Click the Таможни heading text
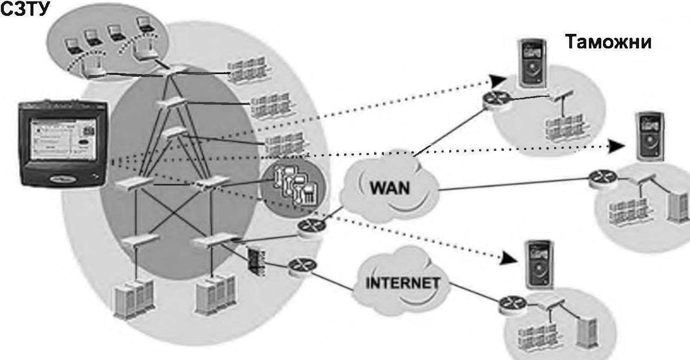pyautogui.click(x=608, y=42)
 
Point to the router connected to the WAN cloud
pyautogui.click(x=308, y=227)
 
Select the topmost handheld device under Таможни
pyautogui.click(x=533, y=63)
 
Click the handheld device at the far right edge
pyautogui.click(x=649, y=136)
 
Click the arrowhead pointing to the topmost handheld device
pyautogui.click(x=498, y=80)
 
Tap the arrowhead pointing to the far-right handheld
pyautogui.click(x=617, y=146)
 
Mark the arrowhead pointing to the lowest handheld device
pyautogui.click(x=509, y=258)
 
